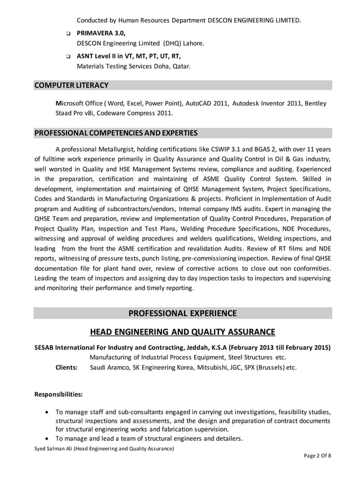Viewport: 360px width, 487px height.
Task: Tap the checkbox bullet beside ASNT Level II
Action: tap(68, 57)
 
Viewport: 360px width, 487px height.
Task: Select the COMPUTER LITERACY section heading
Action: tap(71, 85)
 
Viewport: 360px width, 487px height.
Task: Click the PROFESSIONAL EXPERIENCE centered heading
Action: tap(182, 313)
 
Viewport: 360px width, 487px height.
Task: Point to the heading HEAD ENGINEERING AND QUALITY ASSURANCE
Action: tap(183, 332)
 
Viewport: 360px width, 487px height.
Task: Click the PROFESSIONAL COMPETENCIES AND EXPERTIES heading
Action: tap(116, 133)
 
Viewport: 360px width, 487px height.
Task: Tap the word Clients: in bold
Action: tap(66, 367)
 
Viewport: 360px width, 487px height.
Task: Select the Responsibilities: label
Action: tap(59, 394)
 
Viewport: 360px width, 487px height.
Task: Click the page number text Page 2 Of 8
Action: tap(318, 456)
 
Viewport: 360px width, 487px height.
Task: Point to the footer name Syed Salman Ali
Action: tap(53, 448)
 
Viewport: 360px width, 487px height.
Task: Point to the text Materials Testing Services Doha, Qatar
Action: tap(134, 66)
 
